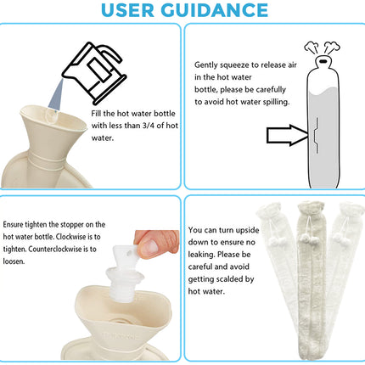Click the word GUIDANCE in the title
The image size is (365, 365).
215,10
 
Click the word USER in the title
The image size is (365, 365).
127,10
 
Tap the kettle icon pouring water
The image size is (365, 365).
94,73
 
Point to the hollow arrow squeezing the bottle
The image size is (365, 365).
287,135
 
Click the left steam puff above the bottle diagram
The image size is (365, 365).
312,48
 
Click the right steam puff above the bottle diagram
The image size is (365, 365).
332,48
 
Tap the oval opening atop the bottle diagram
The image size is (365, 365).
323,61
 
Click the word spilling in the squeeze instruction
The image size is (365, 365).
276,102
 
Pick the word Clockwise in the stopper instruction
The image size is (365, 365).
70,237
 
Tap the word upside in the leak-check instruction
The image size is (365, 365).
247,231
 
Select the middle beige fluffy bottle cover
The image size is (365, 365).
310,280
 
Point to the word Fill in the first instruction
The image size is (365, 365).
96,114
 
